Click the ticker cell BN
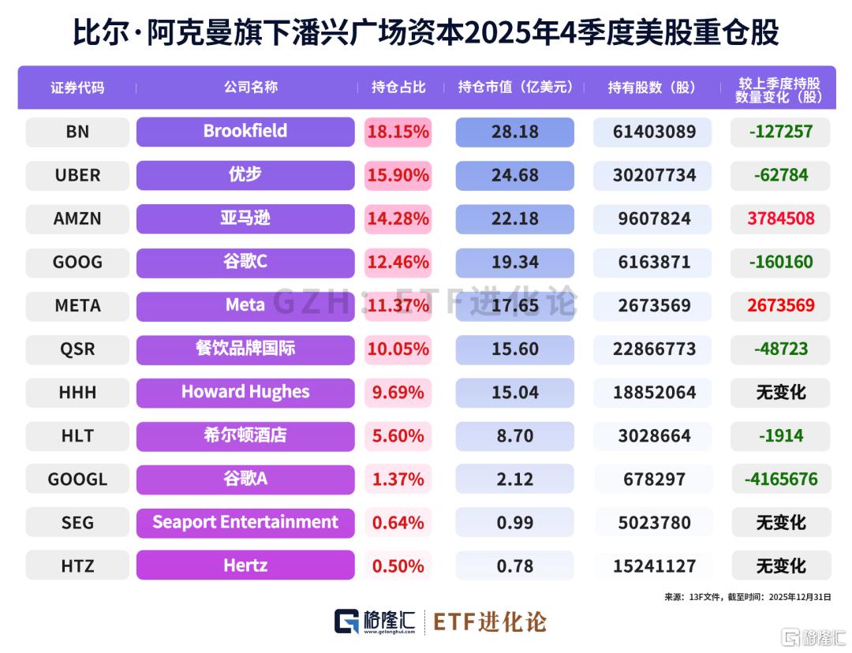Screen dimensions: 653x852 (77, 132)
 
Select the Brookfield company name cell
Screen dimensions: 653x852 (245, 132)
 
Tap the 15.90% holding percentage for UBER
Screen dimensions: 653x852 (398, 175)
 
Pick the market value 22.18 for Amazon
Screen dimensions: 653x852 (514, 218)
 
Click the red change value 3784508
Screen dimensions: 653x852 (780, 218)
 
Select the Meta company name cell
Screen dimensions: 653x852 (245, 305)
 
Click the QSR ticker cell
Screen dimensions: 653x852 (77, 349)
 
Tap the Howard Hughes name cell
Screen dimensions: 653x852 (245, 392)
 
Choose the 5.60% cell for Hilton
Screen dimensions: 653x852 (398, 435)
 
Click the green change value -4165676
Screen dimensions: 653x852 (780, 479)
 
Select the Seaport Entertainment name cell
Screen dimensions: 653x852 (245, 522)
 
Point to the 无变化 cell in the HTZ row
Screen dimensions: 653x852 (780, 565)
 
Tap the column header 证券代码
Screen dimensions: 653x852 (77, 88)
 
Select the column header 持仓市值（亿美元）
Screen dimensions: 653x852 (515, 88)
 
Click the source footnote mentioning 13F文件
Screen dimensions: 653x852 (747, 597)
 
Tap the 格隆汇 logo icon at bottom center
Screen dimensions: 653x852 (347, 621)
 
